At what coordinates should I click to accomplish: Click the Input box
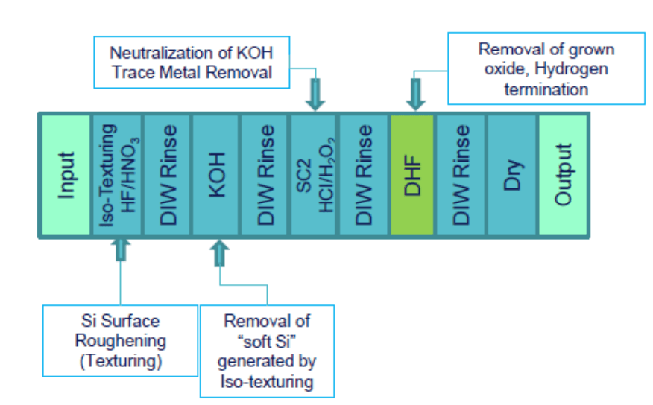66,175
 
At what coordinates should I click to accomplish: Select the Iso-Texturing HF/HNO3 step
117,175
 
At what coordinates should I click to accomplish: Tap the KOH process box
216,175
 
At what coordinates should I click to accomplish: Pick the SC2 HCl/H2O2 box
314,175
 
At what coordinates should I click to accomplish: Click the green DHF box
412,175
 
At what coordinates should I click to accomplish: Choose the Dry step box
511,175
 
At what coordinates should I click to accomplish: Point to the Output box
563,175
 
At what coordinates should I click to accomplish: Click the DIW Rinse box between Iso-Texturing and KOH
167,175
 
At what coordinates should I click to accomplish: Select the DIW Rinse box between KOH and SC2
265,175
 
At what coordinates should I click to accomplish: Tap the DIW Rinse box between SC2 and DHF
364,175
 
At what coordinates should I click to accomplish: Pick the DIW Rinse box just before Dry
462,175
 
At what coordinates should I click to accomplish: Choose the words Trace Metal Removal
197,72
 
